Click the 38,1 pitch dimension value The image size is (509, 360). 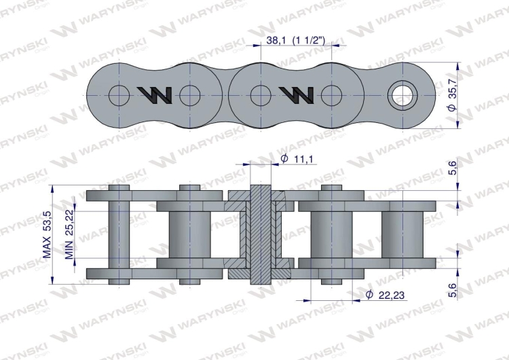[276, 40]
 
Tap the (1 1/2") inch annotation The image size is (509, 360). [308, 40]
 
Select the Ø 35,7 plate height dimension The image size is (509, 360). [452, 95]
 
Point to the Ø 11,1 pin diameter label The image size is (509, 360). [297, 159]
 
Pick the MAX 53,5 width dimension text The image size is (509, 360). [47, 234]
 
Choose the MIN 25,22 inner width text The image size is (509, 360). [69, 234]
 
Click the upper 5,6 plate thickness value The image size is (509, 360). [452, 168]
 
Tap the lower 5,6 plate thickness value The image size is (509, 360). [452, 290]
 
